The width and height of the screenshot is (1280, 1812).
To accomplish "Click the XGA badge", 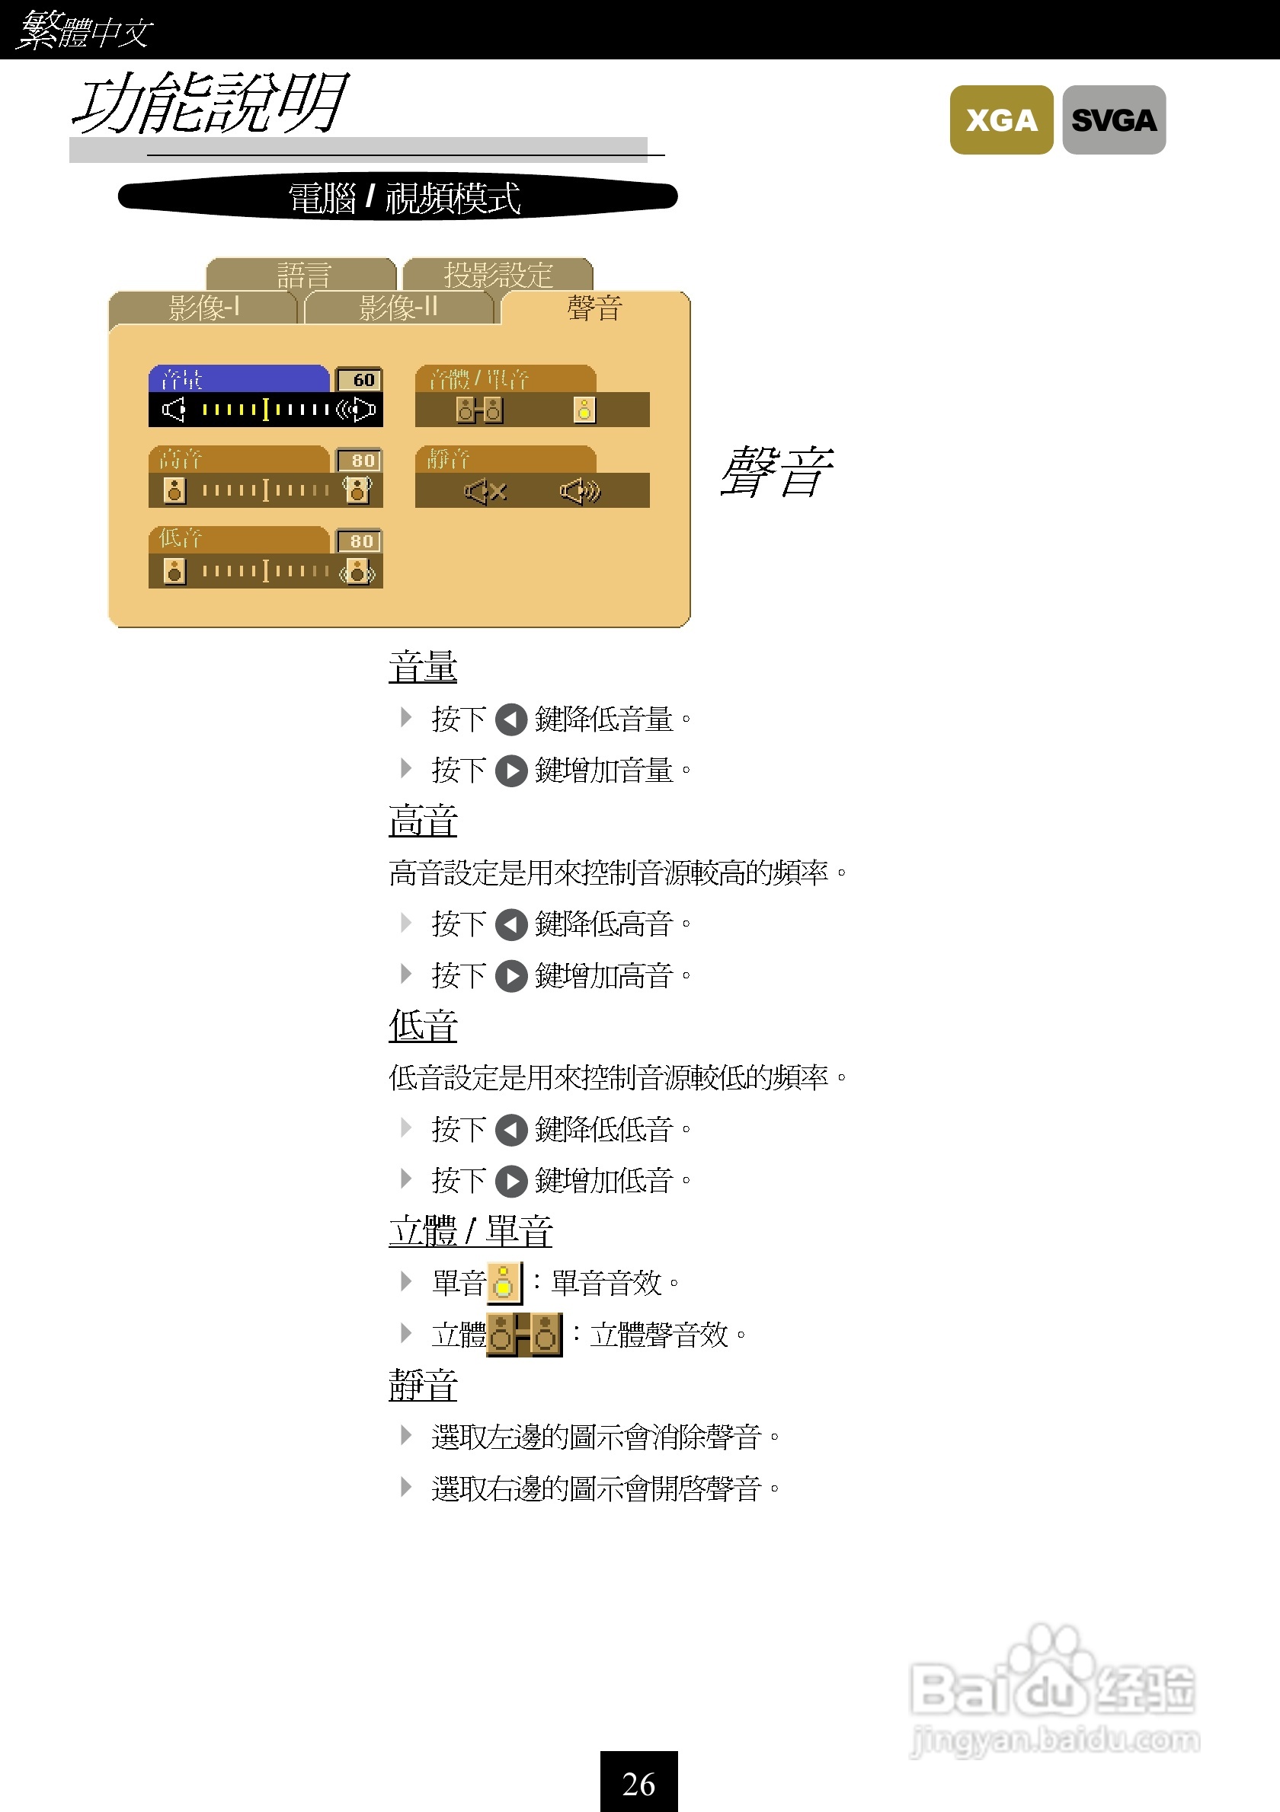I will click(x=1000, y=120).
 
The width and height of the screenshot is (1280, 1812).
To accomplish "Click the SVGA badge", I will click(x=1113, y=120).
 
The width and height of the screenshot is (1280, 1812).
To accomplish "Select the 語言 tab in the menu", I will click(x=302, y=274).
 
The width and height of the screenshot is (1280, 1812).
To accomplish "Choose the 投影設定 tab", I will click(x=498, y=274).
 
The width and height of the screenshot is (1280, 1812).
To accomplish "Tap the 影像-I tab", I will click(x=203, y=307).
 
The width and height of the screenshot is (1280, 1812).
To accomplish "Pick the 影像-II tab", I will click(x=398, y=307).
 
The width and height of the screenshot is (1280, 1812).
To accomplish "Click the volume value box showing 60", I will click(x=360, y=380).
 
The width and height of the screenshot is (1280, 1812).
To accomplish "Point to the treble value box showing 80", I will click(x=360, y=460).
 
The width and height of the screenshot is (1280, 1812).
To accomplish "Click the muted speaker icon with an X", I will click(x=485, y=492).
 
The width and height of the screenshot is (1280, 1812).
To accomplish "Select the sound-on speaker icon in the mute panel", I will click(x=581, y=492).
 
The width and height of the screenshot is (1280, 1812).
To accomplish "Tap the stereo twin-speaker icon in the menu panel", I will click(x=479, y=410).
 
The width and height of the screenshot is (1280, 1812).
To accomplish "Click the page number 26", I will click(x=638, y=1783).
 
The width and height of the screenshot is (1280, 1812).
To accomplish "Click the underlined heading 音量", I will click(x=422, y=667).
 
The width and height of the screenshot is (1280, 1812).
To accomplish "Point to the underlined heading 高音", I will click(x=422, y=821).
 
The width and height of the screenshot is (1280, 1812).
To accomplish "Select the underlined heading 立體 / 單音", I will click(x=470, y=1231).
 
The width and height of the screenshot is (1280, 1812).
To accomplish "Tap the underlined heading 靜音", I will click(x=422, y=1385).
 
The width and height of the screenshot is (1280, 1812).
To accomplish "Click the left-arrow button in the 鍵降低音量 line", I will click(x=511, y=719).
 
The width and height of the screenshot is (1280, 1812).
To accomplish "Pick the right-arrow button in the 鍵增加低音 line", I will click(x=511, y=1182).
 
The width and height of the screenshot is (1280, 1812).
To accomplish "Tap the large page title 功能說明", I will click(x=210, y=103).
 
